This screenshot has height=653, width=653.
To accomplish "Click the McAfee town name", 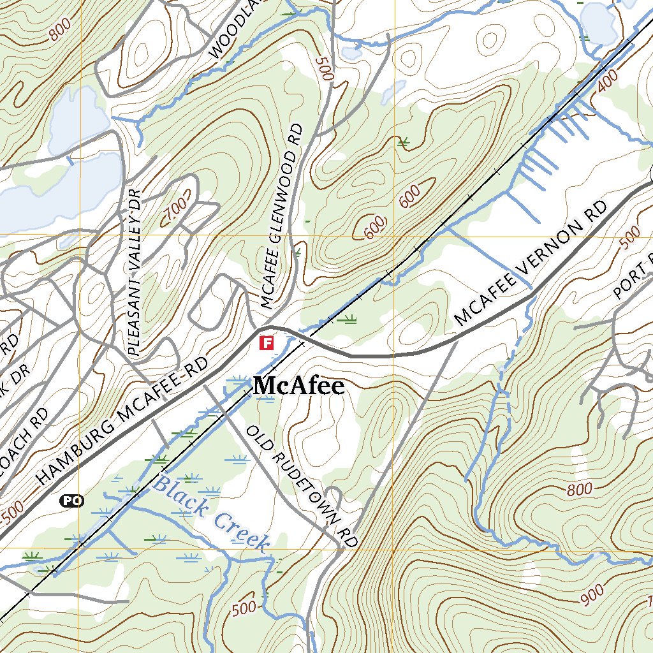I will (x=299, y=386).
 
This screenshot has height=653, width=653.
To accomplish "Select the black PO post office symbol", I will (x=72, y=501).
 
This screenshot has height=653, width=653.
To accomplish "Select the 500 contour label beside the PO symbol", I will (x=12, y=510).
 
